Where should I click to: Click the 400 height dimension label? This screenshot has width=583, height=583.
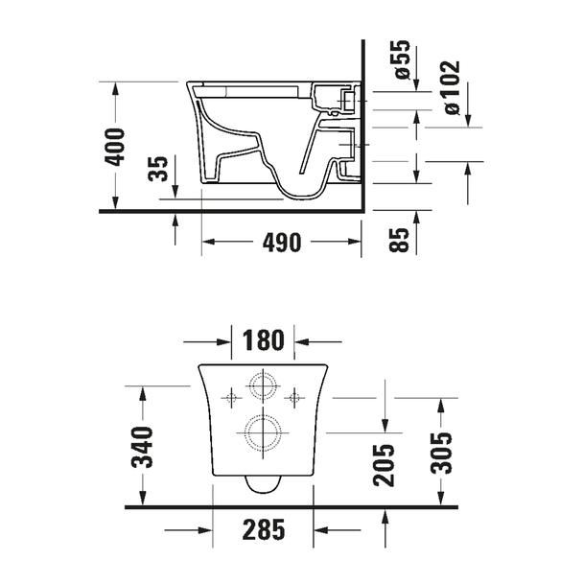click(115, 147)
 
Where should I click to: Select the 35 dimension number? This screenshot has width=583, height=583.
click(158, 169)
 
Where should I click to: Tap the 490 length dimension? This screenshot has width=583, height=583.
click(282, 243)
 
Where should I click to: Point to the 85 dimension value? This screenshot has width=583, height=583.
click(399, 240)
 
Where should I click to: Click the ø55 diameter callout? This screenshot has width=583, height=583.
click(403, 59)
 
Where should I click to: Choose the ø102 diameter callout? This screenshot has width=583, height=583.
click(453, 88)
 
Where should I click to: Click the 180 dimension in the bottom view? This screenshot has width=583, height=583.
click(264, 340)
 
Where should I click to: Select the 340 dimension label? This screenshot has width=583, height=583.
click(143, 447)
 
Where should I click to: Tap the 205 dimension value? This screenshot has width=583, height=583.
click(385, 465)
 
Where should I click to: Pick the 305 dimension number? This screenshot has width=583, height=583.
click(441, 454)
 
